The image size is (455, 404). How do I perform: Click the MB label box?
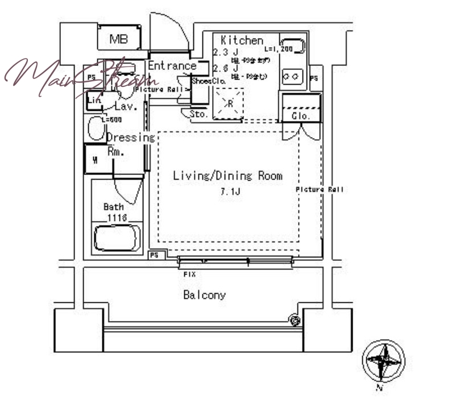[x=118, y=39]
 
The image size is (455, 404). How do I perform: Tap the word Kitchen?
[x=242, y=40]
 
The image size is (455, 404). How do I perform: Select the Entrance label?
[x=172, y=66]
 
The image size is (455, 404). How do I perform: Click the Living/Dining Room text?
[x=227, y=176]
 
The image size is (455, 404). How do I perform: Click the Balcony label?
[x=204, y=295]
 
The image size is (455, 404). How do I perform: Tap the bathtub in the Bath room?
[x=117, y=238]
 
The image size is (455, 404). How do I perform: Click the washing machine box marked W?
[x=96, y=160]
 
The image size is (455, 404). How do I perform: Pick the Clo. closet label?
[x=301, y=116]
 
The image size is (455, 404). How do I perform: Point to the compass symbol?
[x=383, y=361]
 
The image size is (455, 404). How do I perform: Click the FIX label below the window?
[x=190, y=274]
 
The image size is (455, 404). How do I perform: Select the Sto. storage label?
[x=198, y=114]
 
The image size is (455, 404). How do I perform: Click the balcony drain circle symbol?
[x=295, y=320]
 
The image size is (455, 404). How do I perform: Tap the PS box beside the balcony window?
[x=154, y=256]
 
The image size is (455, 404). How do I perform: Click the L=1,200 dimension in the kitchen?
[x=278, y=49]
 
